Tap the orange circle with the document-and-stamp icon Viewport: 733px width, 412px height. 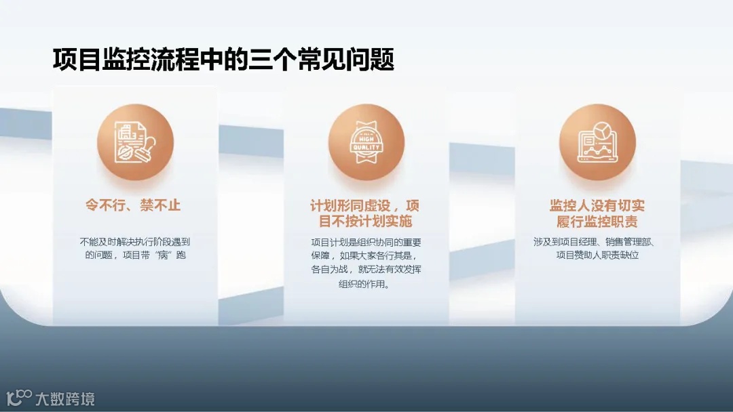pyautogui.click(x=135, y=142)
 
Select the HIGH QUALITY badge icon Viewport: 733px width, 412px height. pyautogui.click(x=366, y=142)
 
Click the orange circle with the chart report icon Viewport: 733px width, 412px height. pyautogui.click(x=597, y=142)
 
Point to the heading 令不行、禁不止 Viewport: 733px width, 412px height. pyautogui.click(x=133, y=205)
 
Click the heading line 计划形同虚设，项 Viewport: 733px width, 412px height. pyautogui.click(x=365, y=205)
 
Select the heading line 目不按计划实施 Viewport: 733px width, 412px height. pyautogui.click(x=365, y=222)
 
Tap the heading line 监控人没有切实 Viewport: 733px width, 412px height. pyautogui.click(x=597, y=205)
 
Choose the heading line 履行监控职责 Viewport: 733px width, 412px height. pyautogui.click(x=597, y=222)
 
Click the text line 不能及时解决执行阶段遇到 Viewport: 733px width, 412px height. pyautogui.click(x=134, y=242)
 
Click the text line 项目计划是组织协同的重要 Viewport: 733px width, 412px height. pyautogui.click(x=366, y=242)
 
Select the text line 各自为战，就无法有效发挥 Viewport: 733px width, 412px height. pyautogui.click(x=366, y=270)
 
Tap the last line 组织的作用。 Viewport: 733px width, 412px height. pyautogui.click(x=365, y=284)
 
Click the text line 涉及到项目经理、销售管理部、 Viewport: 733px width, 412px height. pyautogui.click(x=597, y=242)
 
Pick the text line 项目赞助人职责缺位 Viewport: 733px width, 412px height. pyautogui.click(x=597, y=256)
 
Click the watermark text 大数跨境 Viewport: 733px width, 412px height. pyautogui.click(x=65, y=398)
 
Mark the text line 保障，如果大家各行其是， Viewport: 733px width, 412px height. pyautogui.click(x=366, y=256)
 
